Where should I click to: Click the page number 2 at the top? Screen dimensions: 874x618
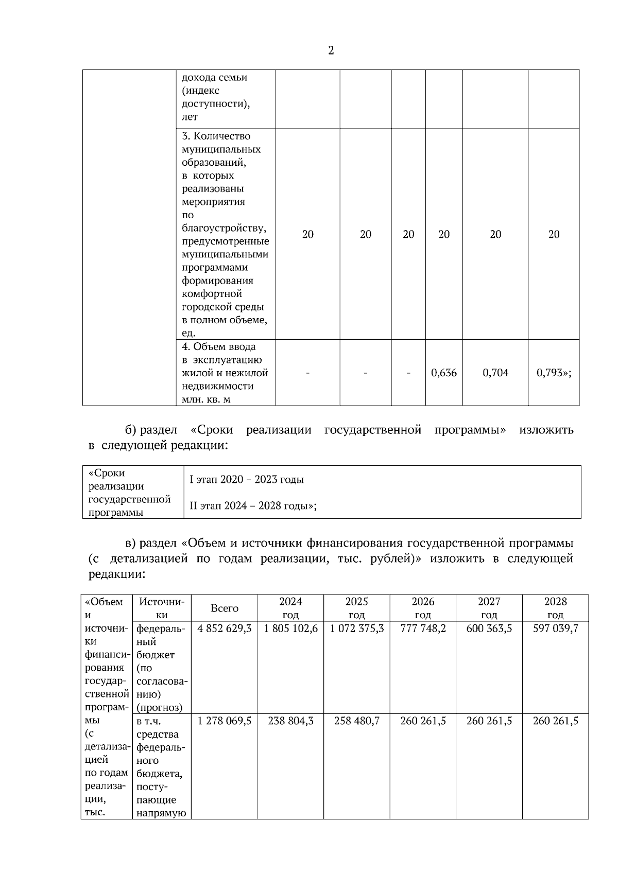[331, 50]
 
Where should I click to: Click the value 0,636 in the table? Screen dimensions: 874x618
[444, 373]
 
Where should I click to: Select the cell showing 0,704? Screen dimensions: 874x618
[495, 373]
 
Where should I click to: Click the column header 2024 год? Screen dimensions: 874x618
[290, 608]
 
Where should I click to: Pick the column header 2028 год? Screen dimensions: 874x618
[555, 608]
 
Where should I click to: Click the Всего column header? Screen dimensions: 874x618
[225, 608]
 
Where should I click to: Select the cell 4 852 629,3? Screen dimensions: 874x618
[225, 628]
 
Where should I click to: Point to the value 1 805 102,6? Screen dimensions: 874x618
[290, 628]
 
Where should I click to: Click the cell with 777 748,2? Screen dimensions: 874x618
[423, 628]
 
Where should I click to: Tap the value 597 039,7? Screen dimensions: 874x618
[555, 628]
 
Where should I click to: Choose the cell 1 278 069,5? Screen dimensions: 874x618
[225, 721]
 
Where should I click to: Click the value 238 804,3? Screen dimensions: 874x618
[290, 721]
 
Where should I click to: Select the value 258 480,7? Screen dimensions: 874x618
[356, 721]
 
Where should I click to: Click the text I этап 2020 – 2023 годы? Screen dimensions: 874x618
[247, 480]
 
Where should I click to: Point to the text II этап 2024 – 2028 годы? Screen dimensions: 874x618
[252, 505]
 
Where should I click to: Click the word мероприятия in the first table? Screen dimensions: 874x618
[213, 202]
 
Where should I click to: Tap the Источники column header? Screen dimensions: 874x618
[162, 608]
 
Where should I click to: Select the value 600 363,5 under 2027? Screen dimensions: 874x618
[489, 628]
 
